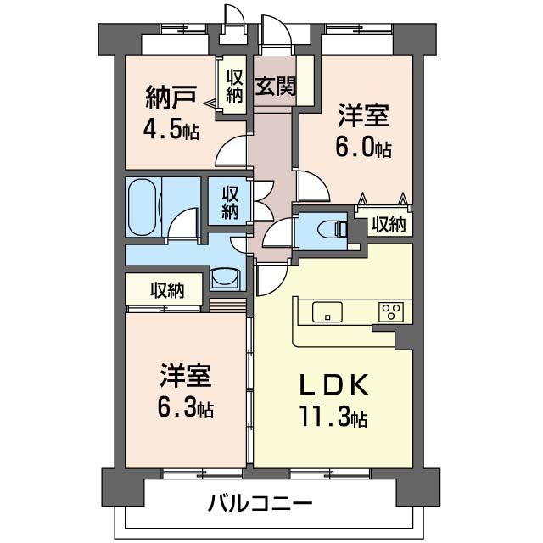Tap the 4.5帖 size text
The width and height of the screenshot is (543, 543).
click(171, 132)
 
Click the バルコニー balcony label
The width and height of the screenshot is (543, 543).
click(261, 504)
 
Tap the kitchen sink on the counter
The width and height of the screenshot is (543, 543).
click(326, 312)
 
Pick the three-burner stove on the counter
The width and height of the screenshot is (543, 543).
click(392, 312)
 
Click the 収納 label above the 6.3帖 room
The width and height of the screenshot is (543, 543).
click(167, 290)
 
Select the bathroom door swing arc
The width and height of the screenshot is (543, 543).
click(182, 227)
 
